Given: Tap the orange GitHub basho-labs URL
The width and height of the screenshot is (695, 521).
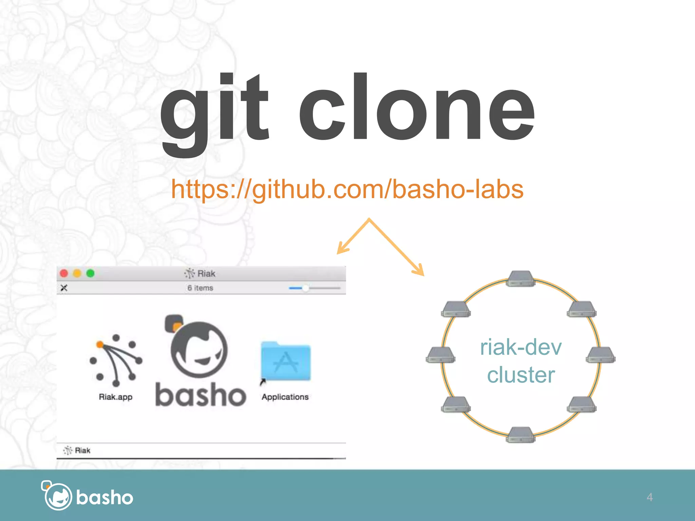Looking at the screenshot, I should pos(347,189).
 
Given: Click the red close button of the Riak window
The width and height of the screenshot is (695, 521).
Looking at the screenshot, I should pos(64,273).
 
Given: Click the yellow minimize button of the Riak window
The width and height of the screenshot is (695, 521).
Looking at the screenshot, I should pos(77,273).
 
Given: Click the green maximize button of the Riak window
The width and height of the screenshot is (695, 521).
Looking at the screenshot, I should pos(90,273).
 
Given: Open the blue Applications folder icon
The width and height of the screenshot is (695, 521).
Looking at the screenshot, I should pos(285,362).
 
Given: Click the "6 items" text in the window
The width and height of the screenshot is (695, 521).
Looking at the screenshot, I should pos(200,288).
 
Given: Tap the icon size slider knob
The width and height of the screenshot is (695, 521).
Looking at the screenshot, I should pos(305,288).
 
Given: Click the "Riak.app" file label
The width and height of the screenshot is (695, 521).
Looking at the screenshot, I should pos(116,397).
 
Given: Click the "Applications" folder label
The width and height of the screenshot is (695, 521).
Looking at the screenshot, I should pos(285,397).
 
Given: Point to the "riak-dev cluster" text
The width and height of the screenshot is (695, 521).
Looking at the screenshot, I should pos(521,361).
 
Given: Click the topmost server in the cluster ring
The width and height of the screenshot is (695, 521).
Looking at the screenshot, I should pos(520,278).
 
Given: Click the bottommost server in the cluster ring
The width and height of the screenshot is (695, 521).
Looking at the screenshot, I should pos(520,435).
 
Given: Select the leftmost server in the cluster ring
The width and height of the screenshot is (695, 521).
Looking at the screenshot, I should pos(440,355).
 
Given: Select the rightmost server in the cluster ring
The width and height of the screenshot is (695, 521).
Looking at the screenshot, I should pos(600,355).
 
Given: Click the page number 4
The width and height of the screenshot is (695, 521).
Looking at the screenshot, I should pos(650,497).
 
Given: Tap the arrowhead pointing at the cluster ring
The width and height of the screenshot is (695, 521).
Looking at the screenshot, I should pos(419,271).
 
